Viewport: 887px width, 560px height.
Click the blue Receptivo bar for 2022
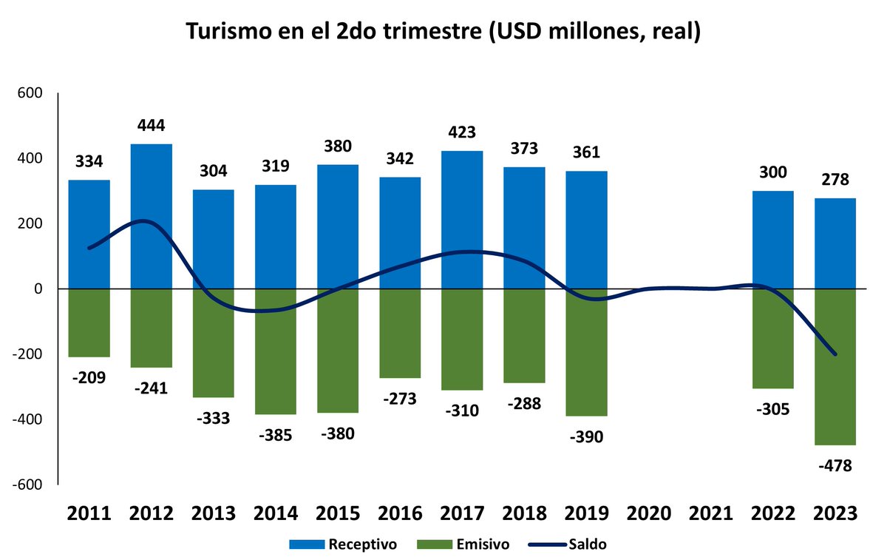(x=773, y=240)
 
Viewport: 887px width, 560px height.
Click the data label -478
(x=835, y=466)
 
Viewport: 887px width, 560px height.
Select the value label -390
(x=586, y=436)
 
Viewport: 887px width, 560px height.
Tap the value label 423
(x=462, y=133)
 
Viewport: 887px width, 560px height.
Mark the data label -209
(x=89, y=378)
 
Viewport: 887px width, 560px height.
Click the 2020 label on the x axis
(x=648, y=513)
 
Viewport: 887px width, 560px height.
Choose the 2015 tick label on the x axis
(x=338, y=513)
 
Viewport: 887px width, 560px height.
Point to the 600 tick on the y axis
(x=30, y=93)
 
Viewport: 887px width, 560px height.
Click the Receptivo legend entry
(x=362, y=545)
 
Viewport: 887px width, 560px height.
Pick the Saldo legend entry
(x=588, y=545)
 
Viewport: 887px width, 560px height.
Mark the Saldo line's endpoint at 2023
(x=835, y=354)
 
